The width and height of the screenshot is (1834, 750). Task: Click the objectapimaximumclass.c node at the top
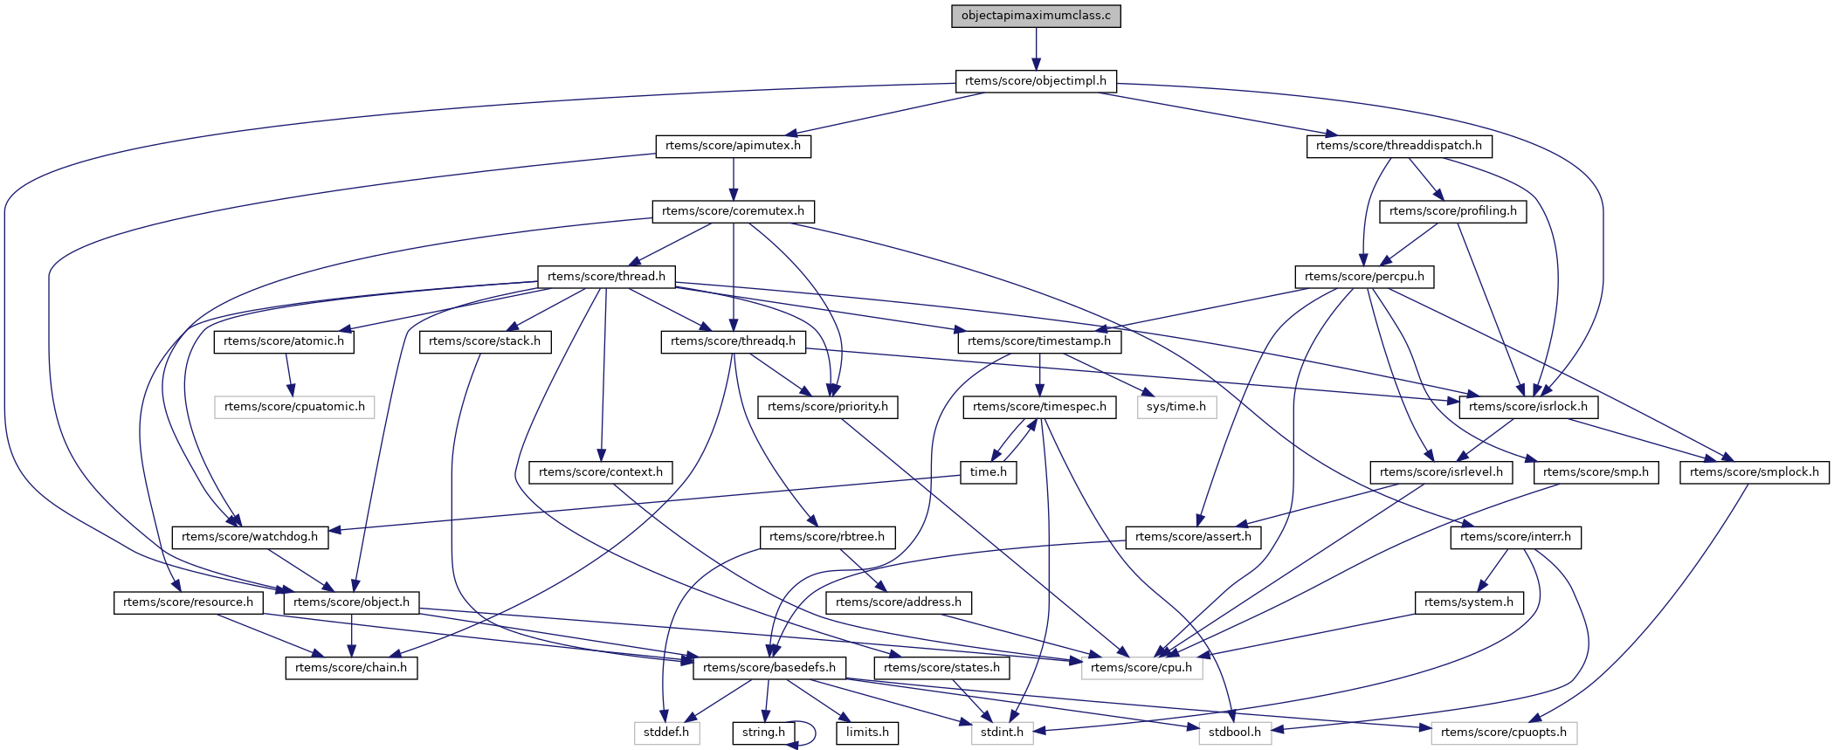(1036, 16)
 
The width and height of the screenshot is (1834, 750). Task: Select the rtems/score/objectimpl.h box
(1036, 81)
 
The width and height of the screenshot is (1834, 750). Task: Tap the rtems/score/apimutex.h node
(733, 146)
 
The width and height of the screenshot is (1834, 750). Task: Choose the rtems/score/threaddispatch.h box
(1399, 146)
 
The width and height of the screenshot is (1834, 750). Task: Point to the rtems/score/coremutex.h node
(733, 211)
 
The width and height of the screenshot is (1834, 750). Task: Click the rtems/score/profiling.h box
(1453, 211)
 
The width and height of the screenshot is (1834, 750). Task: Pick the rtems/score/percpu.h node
(1364, 277)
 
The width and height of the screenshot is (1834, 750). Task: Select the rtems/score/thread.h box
(606, 277)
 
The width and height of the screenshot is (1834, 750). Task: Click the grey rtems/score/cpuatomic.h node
(294, 407)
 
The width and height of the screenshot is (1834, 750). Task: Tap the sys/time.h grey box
(1176, 407)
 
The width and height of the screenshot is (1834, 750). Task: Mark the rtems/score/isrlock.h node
(1528, 407)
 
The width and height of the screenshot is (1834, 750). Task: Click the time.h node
(989, 472)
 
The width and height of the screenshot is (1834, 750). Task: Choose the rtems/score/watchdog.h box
(250, 537)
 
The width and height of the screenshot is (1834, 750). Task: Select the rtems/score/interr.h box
(1515, 537)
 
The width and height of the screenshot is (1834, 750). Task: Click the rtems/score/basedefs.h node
(769, 668)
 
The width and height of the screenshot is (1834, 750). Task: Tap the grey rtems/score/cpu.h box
(1141, 668)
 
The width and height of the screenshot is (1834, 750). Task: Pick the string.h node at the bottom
(763, 733)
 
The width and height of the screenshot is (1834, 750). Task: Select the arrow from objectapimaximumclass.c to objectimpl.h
(1036, 48)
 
